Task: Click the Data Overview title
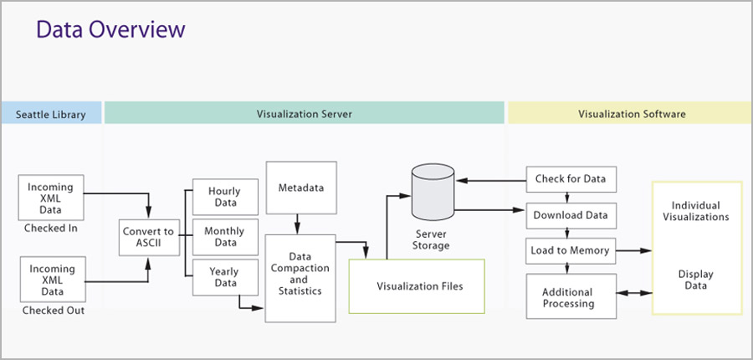[110, 30]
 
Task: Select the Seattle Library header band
[51, 113]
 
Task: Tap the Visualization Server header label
[304, 115]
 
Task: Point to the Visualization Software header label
[632, 115]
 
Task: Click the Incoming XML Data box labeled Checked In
[51, 198]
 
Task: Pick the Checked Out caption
[54, 311]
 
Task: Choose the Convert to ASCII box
[150, 238]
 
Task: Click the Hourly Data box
[225, 197]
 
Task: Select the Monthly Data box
[225, 237]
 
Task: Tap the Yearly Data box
[225, 277]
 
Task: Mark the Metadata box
[301, 188]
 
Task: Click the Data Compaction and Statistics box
[300, 278]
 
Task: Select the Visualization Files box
[417, 286]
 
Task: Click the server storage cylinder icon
[433, 192]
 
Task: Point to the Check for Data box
[571, 179]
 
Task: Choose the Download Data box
[571, 216]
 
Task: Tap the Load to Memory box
[571, 251]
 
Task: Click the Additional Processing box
[571, 296]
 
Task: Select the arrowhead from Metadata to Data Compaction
[297, 230]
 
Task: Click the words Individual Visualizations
[696, 211]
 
